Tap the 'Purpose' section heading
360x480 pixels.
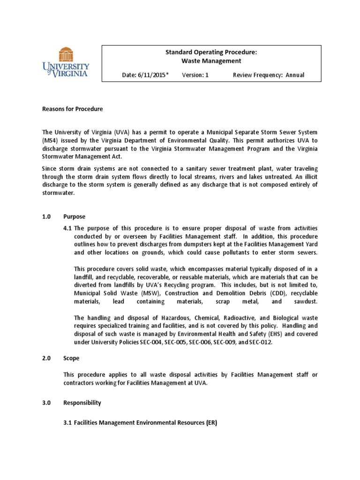click(x=75, y=217)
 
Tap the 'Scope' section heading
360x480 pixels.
click(x=72, y=358)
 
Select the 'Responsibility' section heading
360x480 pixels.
click(x=82, y=403)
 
